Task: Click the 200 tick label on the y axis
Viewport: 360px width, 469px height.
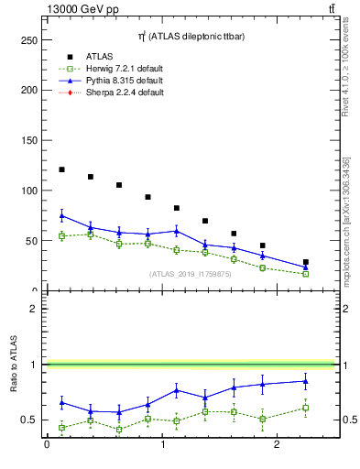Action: click(30, 91)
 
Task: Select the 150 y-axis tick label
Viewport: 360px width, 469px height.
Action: click(30, 141)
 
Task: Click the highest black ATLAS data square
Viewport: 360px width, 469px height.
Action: click(61, 169)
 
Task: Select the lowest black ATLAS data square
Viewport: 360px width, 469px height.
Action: click(306, 262)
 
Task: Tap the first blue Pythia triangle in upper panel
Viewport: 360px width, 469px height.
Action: click(61, 215)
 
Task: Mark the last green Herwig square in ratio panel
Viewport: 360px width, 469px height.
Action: click(306, 408)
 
